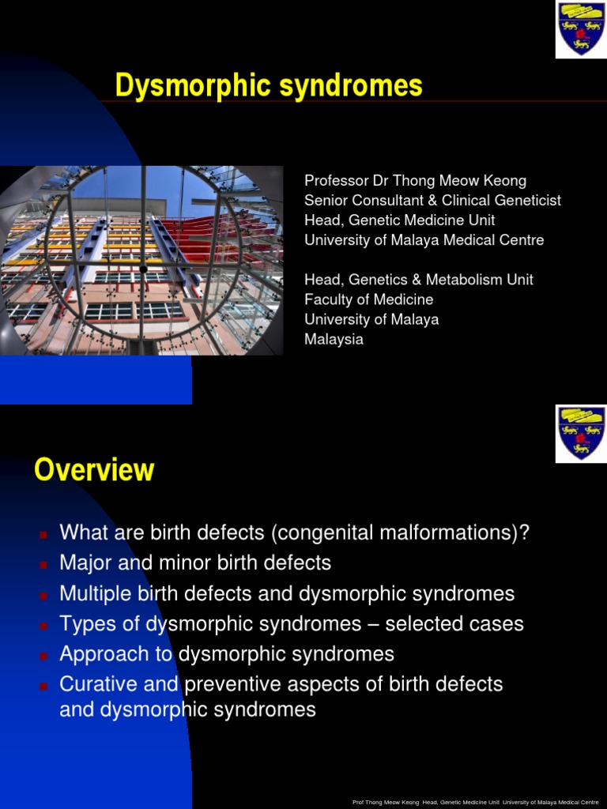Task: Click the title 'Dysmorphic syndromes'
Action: [x=269, y=85]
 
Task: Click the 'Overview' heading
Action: [x=94, y=471]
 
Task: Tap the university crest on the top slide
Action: [x=581, y=30]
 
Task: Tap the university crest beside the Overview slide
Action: [x=581, y=433]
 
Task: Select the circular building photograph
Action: [x=142, y=261]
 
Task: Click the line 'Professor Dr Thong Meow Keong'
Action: [x=415, y=181]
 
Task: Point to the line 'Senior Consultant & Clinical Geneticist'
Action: [x=432, y=201]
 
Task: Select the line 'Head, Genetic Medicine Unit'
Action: [x=400, y=220]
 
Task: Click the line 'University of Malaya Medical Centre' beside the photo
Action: [x=424, y=240]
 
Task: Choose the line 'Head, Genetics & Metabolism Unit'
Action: [x=419, y=280]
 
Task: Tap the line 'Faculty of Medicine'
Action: [x=369, y=299]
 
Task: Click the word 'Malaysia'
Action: [x=334, y=339]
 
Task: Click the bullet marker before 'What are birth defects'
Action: [x=43, y=534]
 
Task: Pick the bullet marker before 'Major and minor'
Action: [x=43, y=564]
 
